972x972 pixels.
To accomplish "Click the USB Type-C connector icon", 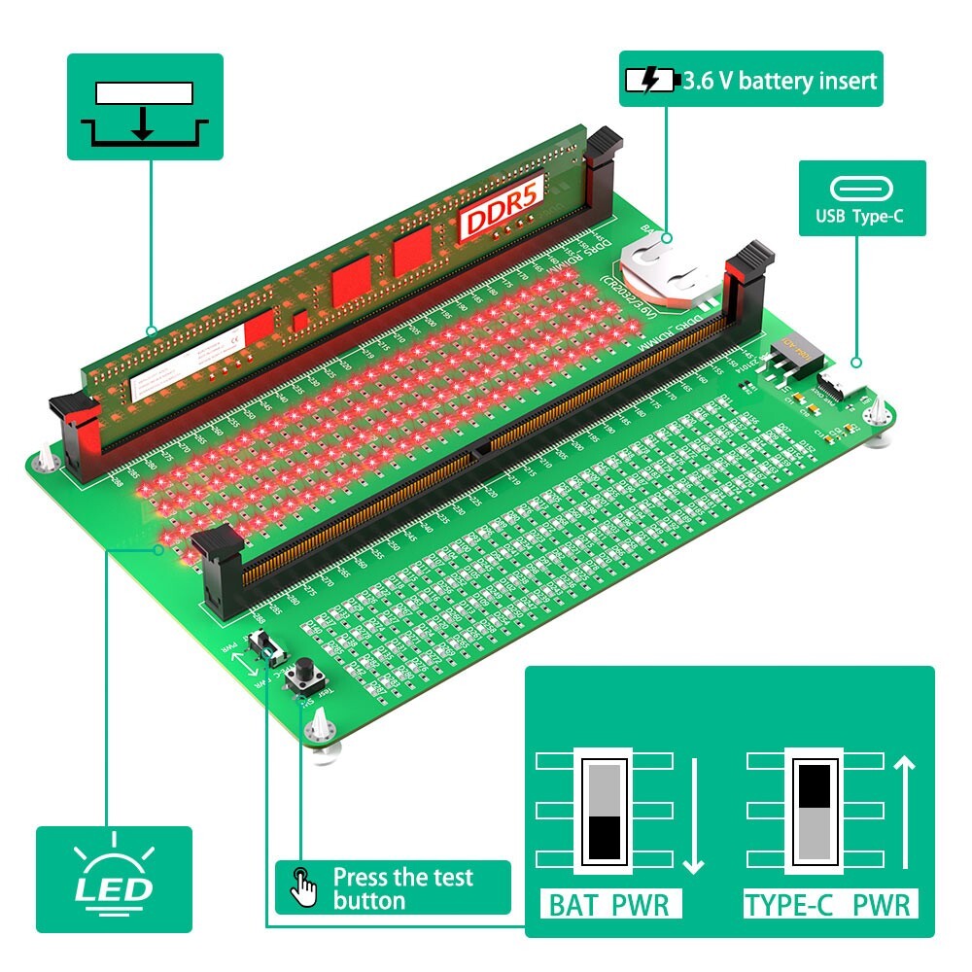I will point(862,189).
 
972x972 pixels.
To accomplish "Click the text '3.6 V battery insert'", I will point(780,80).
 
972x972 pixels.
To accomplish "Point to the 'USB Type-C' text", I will point(862,216).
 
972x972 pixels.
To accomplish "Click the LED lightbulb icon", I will point(115,875).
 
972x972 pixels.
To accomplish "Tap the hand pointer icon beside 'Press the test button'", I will point(303,886).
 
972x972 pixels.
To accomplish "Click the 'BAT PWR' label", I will point(609,906).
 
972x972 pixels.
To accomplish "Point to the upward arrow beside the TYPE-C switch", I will point(905,815).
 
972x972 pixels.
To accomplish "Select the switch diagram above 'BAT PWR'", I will point(605,809).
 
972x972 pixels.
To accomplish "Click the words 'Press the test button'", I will point(402,888).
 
